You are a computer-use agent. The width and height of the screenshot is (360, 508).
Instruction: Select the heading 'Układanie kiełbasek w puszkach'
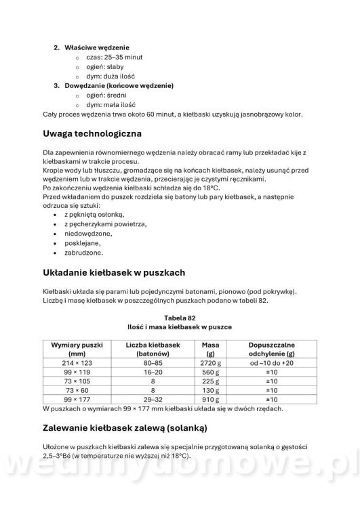coord(113,273)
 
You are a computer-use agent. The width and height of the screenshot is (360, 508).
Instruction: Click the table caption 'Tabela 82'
coord(180,316)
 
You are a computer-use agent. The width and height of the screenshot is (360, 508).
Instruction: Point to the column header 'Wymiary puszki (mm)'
coord(77,349)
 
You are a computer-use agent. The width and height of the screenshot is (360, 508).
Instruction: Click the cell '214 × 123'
coord(77,363)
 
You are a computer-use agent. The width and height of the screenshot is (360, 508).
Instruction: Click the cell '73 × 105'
coord(77,381)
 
